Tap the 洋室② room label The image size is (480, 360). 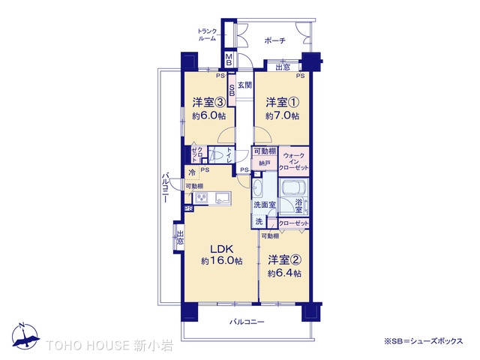[x=284, y=261]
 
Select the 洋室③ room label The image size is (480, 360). [x=209, y=103]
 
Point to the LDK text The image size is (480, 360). [x=221, y=249]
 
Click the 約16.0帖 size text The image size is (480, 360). [x=221, y=261]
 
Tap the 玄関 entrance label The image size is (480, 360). [x=244, y=85]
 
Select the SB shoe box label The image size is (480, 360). [x=232, y=91]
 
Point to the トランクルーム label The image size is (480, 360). [x=208, y=34]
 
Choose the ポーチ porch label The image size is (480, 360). [x=275, y=40]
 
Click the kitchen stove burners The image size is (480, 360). [x=201, y=198]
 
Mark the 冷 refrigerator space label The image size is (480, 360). [x=193, y=173]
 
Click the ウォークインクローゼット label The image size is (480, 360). [x=294, y=160]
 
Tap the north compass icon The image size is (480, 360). [x=24, y=334]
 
